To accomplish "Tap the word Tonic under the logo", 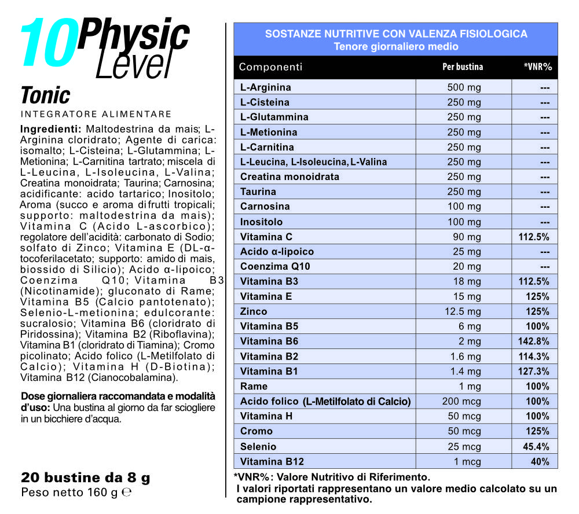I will (x=45, y=96).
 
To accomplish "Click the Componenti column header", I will (x=270, y=67).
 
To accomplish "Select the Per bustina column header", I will (x=463, y=67).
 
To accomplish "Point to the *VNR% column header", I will (x=537, y=67).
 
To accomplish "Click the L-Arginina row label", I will (x=266, y=87).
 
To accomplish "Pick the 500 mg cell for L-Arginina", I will (x=464, y=87).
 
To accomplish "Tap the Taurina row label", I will (x=258, y=192).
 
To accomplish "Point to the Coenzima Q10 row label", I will (x=275, y=266).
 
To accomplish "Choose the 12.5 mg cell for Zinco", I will (x=464, y=311).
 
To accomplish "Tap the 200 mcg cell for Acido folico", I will (x=464, y=401).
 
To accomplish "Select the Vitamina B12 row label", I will (x=272, y=461).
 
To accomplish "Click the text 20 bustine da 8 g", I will (x=85, y=478).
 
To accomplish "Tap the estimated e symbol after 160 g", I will (x=127, y=493).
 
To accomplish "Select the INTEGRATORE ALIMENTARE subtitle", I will (x=96, y=114).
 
